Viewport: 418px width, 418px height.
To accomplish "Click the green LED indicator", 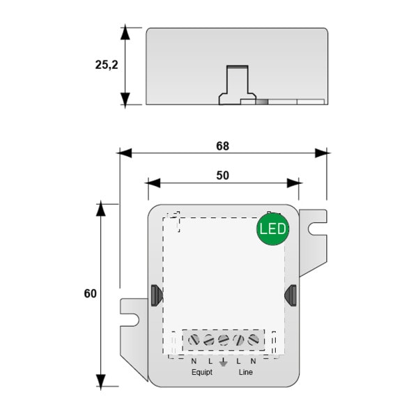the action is coord(272,229).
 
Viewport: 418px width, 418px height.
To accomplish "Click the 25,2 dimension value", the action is coord(107,65).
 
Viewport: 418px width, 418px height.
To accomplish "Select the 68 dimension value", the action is coord(222,146).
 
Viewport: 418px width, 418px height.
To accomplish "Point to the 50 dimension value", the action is coord(222,176).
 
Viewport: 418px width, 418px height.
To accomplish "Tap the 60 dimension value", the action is coord(90,293).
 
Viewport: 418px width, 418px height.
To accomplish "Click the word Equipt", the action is coord(202,372).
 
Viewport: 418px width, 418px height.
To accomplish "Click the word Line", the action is coord(245,372).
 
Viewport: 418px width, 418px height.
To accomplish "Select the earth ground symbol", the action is coord(223,362).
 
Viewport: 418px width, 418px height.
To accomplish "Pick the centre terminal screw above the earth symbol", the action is coord(224,340).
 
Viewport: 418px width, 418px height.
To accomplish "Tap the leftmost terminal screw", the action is coord(194,340).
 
